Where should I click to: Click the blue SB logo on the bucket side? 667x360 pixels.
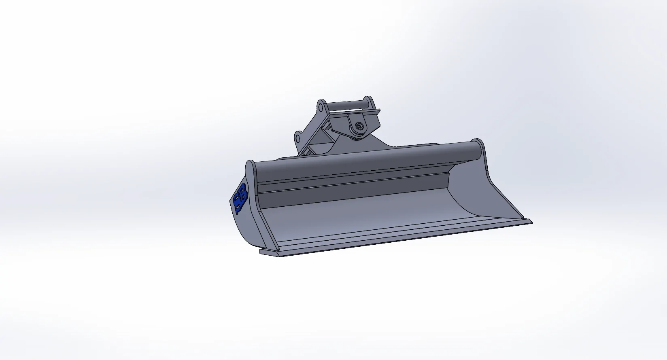click(240, 198)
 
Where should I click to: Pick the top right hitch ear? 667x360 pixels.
click(369, 101)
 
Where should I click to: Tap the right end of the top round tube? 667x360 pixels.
click(479, 148)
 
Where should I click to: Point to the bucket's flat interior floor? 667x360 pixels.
click(364, 218)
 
